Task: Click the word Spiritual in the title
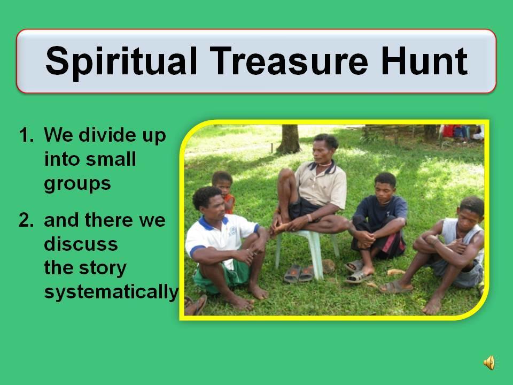click(x=121, y=61)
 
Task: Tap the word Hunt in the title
click(x=424, y=61)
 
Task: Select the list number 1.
click(x=26, y=135)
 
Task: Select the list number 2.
click(x=26, y=220)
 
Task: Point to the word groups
click(x=77, y=184)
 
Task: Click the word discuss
click(x=81, y=244)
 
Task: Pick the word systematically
click(x=111, y=292)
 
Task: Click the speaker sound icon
click(x=489, y=363)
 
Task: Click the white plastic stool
click(x=307, y=251)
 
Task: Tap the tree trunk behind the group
click(x=288, y=139)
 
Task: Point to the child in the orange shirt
click(x=224, y=192)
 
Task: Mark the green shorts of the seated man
click(x=222, y=276)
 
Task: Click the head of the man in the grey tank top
click(x=470, y=213)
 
